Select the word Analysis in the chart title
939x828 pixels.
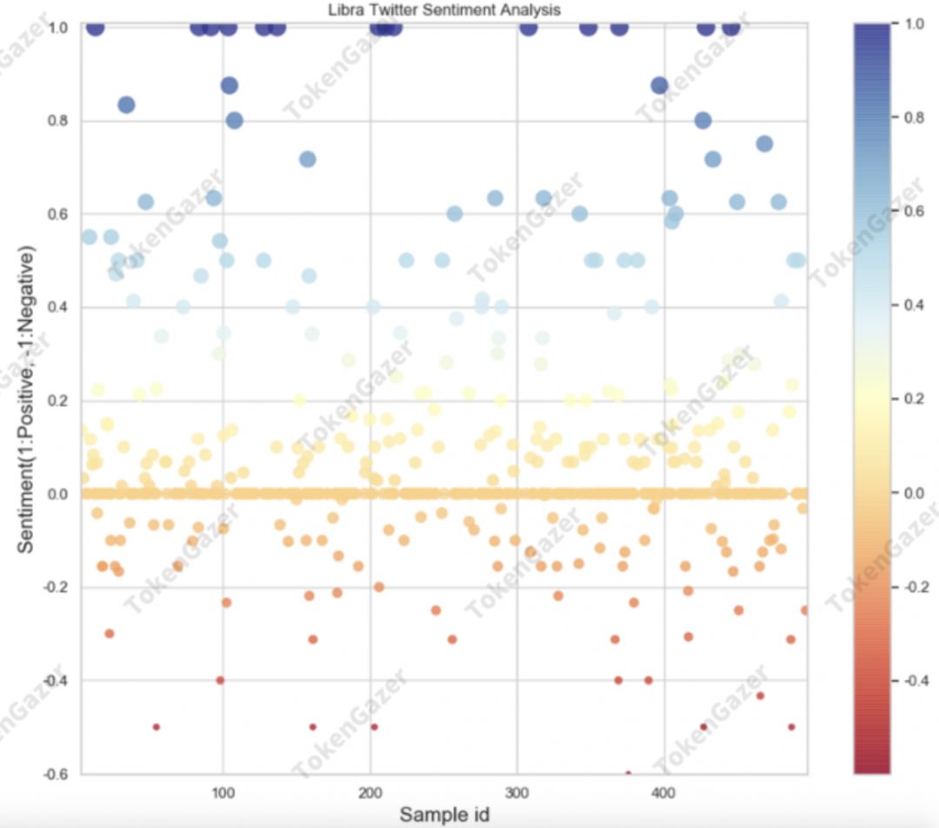[x=530, y=10]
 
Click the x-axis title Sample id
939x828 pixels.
[x=443, y=814]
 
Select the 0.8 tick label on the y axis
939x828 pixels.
[x=58, y=121]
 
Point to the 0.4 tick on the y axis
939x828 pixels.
[x=58, y=308]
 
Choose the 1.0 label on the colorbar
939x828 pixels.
[x=914, y=25]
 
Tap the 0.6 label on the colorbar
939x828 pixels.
[x=914, y=212]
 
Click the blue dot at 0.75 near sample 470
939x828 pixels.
[x=764, y=144]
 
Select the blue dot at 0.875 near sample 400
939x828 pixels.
[x=659, y=85]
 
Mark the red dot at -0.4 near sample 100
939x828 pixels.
[x=220, y=680]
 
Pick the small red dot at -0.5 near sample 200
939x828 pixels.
[x=374, y=727]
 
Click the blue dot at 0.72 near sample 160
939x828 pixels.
[x=308, y=159]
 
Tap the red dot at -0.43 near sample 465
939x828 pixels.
[x=760, y=695]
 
